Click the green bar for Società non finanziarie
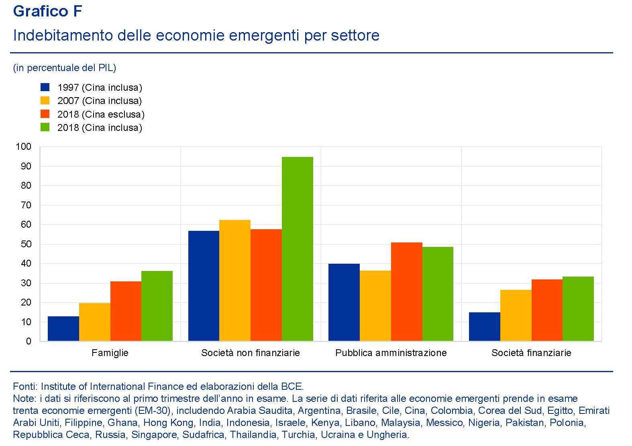click(x=297, y=249)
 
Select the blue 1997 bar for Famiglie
click(x=63, y=329)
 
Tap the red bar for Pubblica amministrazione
click(x=406, y=292)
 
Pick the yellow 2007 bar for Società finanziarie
click(x=516, y=316)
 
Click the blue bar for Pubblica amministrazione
click(x=344, y=302)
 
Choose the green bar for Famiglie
click(x=157, y=306)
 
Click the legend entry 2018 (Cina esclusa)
click(x=101, y=114)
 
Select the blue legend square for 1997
click(x=45, y=87)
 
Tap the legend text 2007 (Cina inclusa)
click(x=100, y=101)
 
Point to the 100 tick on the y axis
click(x=23, y=147)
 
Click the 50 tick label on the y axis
click(x=26, y=244)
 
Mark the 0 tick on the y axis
click(x=29, y=341)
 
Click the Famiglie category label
click(x=110, y=353)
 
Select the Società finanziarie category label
click(x=531, y=353)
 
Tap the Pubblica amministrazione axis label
click(x=391, y=353)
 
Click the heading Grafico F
click(x=47, y=11)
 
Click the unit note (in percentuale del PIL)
click(x=65, y=68)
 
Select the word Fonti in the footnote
click(x=25, y=387)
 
